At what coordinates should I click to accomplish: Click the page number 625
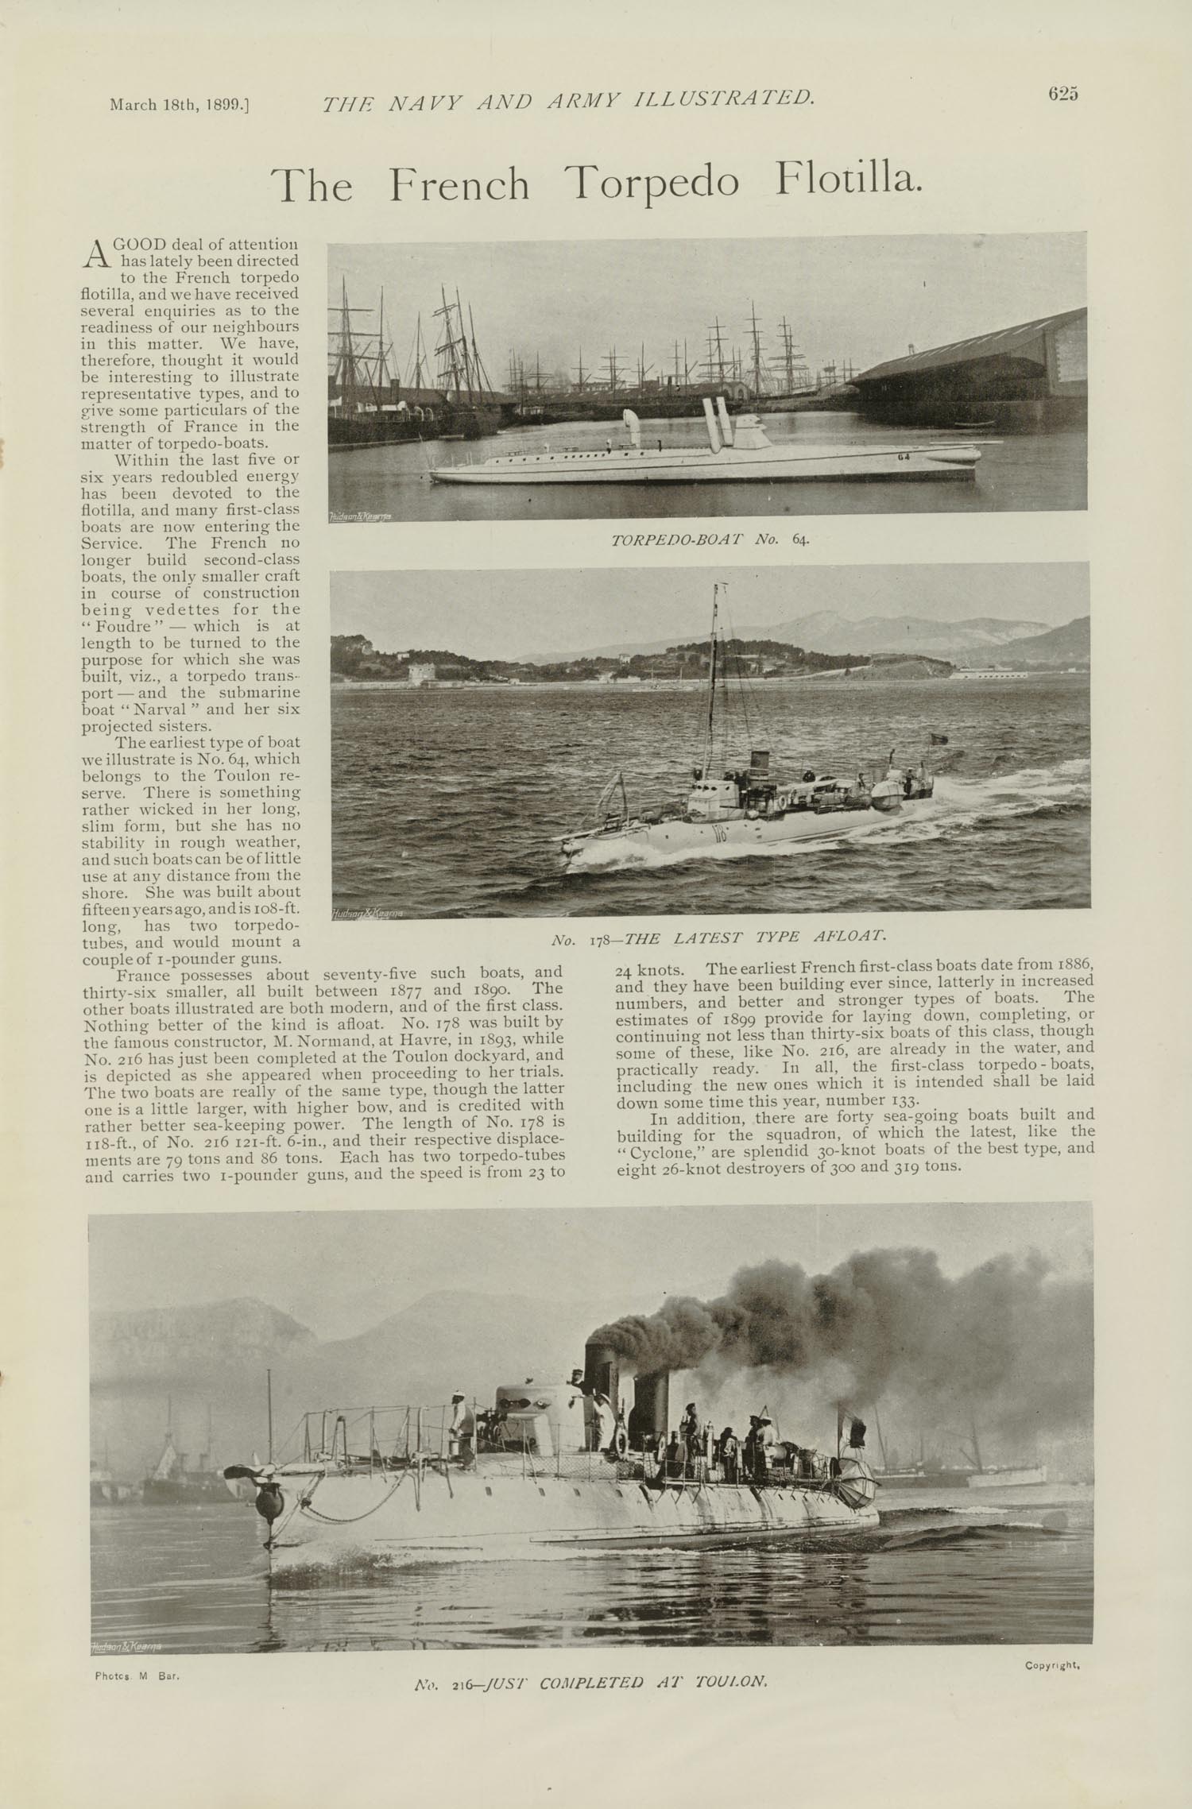1062,94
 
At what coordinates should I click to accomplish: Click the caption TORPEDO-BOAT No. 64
710,540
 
